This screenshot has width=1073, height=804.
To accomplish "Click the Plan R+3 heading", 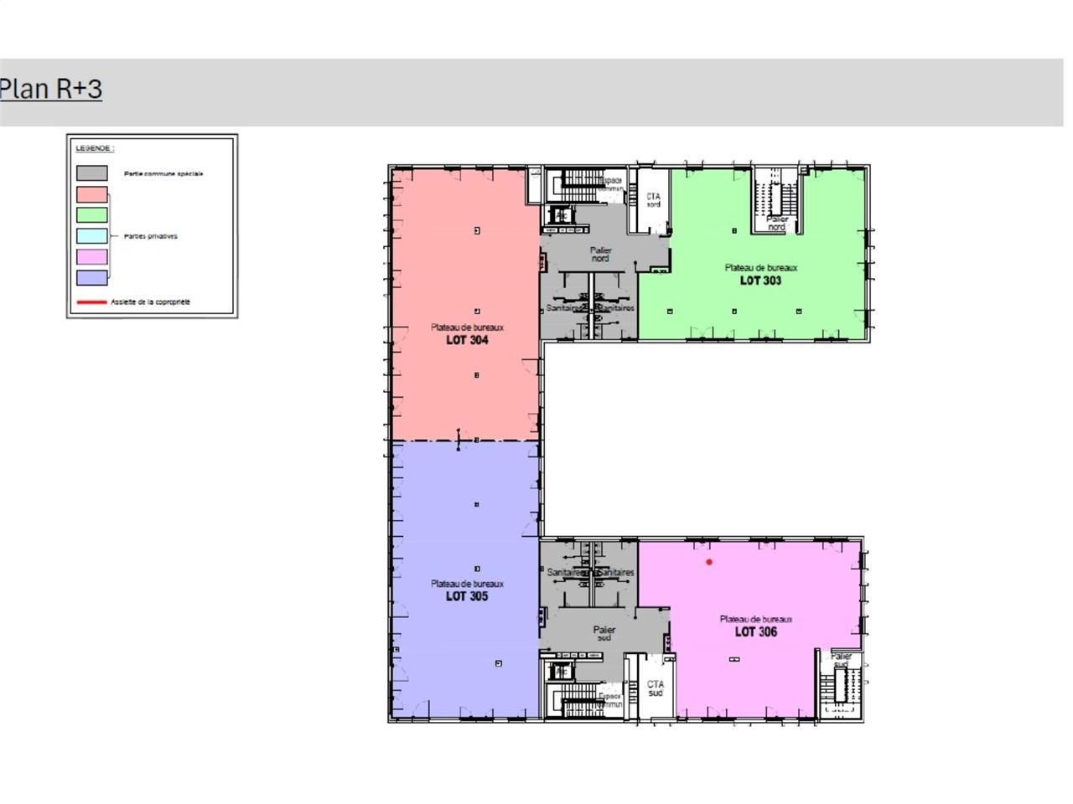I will [x=51, y=89].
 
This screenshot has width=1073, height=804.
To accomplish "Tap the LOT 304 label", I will [x=467, y=340].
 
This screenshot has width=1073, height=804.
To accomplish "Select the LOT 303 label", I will [x=760, y=281].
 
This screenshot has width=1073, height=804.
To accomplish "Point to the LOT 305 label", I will [x=467, y=596].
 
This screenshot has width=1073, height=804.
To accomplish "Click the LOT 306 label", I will [x=755, y=631].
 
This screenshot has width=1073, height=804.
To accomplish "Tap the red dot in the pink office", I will [x=709, y=562].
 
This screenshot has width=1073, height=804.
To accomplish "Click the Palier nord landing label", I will [x=600, y=255].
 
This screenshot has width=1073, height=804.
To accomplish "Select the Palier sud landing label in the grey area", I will [x=604, y=633].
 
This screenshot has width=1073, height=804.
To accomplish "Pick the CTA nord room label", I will [x=653, y=200].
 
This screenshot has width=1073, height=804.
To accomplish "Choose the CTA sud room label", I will [x=655, y=688].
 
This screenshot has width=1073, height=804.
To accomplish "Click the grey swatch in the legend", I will [x=92, y=173].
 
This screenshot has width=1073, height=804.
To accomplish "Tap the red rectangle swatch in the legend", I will [x=92, y=194].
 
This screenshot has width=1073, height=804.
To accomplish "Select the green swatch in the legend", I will [x=92, y=215].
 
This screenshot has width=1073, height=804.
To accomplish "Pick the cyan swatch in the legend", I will [x=92, y=236].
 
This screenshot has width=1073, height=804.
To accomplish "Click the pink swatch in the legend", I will [x=92, y=257].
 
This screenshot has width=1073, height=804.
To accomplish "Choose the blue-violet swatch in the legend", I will [x=92, y=278].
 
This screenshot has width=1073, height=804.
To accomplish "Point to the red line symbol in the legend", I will [x=92, y=301].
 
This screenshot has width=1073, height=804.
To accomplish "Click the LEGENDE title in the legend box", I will [x=95, y=148].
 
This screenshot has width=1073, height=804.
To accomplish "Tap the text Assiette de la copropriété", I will [x=151, y=301].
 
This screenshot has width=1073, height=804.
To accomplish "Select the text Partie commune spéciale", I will [x=163, y=174].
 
